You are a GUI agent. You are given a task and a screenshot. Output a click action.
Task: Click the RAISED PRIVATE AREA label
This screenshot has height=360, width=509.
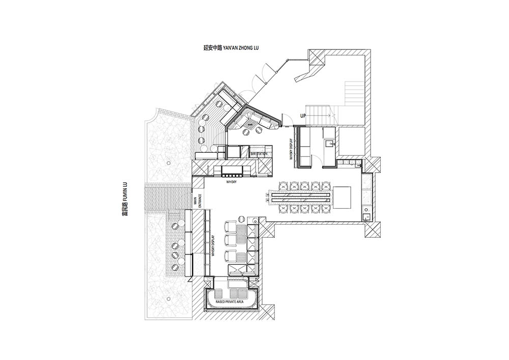click(230, 301)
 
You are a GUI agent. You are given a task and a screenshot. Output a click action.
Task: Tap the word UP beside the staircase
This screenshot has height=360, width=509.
click(302, 115)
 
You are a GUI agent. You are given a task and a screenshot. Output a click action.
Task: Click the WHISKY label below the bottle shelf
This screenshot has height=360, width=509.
click(232, 182)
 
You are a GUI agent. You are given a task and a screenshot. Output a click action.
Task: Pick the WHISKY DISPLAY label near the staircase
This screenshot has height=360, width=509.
click(292, 149)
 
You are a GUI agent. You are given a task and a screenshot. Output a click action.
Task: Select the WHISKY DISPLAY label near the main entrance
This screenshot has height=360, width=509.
click(213, 246)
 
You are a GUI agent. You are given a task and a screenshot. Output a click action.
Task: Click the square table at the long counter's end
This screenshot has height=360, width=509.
click(343, 197)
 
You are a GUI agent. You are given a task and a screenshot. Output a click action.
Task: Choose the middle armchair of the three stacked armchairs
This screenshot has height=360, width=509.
click(230, 240)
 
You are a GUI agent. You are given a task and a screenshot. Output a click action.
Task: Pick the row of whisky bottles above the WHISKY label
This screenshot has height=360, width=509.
click(232, 170)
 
